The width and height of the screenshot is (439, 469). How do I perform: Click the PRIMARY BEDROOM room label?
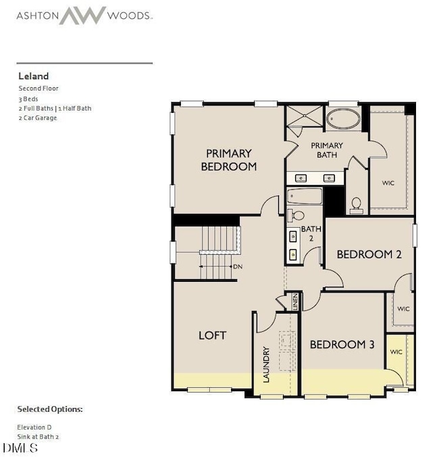(x=229, y=159)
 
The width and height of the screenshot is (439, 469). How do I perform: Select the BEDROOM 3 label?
(x=342, y=345)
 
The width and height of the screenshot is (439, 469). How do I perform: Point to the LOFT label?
(x=212, y=335)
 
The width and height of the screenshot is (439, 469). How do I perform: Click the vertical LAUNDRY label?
(x=266, y=365)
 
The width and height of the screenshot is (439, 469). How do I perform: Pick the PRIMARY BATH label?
(x=327, y=150)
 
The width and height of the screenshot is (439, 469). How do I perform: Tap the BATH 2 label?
(x=311, y=233)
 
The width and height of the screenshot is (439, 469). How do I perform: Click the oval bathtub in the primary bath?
(x=345, y=119)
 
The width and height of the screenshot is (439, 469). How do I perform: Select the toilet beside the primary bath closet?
(x=357, y=203)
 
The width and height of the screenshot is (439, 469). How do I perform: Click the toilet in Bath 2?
(x=295, y=216)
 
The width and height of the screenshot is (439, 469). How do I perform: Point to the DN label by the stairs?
(x=237, y=266)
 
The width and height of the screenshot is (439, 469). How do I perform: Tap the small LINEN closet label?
(x=295, y=302)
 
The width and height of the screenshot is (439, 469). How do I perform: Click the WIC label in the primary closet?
(x=388, y=183)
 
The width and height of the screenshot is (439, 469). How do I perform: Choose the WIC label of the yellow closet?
(x=396, y=352)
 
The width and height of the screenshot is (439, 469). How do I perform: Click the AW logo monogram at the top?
(x=82, y=15)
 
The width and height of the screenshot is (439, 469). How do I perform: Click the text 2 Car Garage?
(x=38, y=118)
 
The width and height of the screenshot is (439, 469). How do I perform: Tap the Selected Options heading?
(x=50, y=410)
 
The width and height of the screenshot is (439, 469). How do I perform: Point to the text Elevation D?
(x=34, y=427)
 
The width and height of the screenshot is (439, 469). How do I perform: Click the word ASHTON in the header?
(x=36, y=15)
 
